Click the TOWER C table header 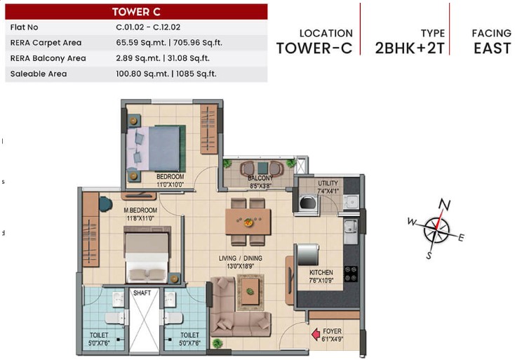[x=136, y=12]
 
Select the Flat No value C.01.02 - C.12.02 [x=148, y=27]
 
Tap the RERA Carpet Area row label [x=46, y=43]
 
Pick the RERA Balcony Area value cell [x=163, y=58]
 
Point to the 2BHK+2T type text [x=410, y=48]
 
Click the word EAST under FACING [x=492, y=48]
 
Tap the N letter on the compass [x=444, y=204]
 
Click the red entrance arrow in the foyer [x=316, y=334]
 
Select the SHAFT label [x=142, y=293]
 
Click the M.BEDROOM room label [x=140, y=211]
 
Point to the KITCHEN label [x=321, y=272]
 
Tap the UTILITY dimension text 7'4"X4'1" [x=328, y=191]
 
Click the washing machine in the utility [x=309, y=202]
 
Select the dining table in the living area [x=248, y=222]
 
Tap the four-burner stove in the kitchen [x=351, y=274]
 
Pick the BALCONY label [x=260, y=178]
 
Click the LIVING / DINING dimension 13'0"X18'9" [x=241, y=267]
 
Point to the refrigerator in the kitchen [x=307, y=254]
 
